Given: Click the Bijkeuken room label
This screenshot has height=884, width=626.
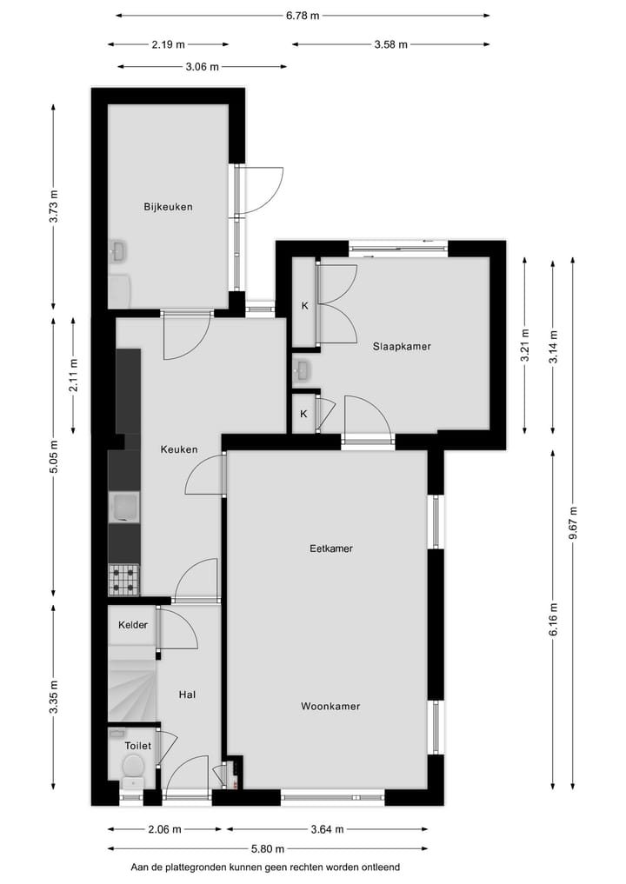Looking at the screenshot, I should pyautogui.click(x=168, y=207).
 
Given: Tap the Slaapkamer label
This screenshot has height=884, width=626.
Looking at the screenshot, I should pyautogui.click(x=402, y=346).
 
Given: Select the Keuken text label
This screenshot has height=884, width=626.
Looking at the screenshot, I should pyautogui.click(x=178, y=449).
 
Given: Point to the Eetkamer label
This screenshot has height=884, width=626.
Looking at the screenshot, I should pyautogui.click(x=330, y=548).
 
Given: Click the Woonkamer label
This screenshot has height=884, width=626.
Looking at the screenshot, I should pyautogui.click(x=330, y=706).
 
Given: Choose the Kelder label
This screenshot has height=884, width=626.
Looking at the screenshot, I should pyautogui.click(x=133, y=625).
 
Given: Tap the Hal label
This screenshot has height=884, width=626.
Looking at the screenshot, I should pyautogui.click(x=186, y=695).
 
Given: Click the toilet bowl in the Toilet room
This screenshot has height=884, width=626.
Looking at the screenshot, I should pyautogui.click(x=133, y=766).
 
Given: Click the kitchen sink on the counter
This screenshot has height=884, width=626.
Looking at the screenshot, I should pyautogui.click(x=123, y=507).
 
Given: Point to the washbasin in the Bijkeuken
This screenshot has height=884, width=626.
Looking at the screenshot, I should pyautogui.click(x=118, y=252).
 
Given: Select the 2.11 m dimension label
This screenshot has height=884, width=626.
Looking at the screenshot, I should pyautogui.click(x=74, y=376).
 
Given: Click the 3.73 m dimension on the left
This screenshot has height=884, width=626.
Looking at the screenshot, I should pyautogui.click(x=54, y=206).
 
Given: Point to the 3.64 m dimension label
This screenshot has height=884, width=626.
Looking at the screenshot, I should pyautogui.click(x=326, y=828).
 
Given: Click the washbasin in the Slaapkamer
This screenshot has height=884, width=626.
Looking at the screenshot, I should pyautogui.click(x=302, y=370).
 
